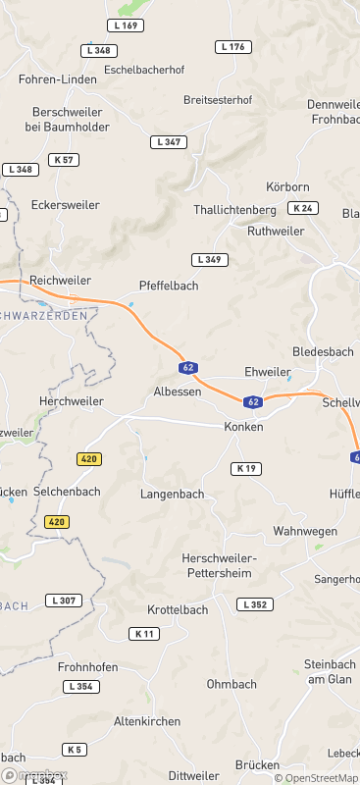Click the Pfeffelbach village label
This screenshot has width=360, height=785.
(169, 286)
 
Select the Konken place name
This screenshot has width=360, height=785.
(243, 427)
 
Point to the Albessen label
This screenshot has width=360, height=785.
(178, 392)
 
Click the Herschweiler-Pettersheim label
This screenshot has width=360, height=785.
(219, 565)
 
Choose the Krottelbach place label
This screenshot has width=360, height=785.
(178, 609)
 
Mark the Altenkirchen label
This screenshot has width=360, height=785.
(148, 721)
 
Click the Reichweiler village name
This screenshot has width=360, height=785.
(61, 281)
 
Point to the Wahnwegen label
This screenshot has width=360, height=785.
(305, 531)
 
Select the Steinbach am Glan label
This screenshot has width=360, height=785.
(331, 671)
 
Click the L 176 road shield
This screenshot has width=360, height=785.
(233, 47)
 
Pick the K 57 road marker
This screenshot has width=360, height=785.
(65, 159)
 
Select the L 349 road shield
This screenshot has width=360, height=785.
(210, 259)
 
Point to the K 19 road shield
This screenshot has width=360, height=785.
(247, 469)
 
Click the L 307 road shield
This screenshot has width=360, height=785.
(64, 601)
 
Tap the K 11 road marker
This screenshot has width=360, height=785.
(144, 634)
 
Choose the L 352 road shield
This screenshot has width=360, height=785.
(254, 604)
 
